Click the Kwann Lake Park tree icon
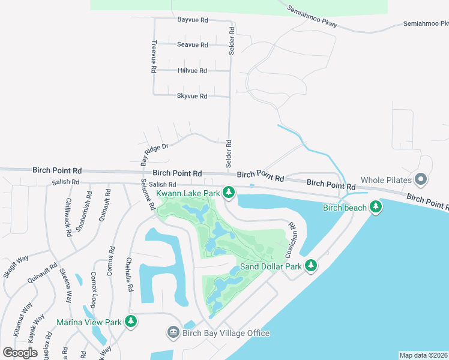(x=228, y=192)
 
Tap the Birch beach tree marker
(x=376, y=207)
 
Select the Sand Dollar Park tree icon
(x=310, y=265)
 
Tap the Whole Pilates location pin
(x=421, y=179)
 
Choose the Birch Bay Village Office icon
(x=173, y=332)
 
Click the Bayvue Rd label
(x=192, y=20)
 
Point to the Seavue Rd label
(x=192, y=45)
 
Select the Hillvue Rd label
(x=192, y=70)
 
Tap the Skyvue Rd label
(x=192, y=96)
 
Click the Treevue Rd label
(x=154, y=57)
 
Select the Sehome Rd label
(x=147, y=195)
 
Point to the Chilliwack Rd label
(x=69, y=215)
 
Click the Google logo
(x=20, y=352)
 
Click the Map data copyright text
(x=424, y=355)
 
